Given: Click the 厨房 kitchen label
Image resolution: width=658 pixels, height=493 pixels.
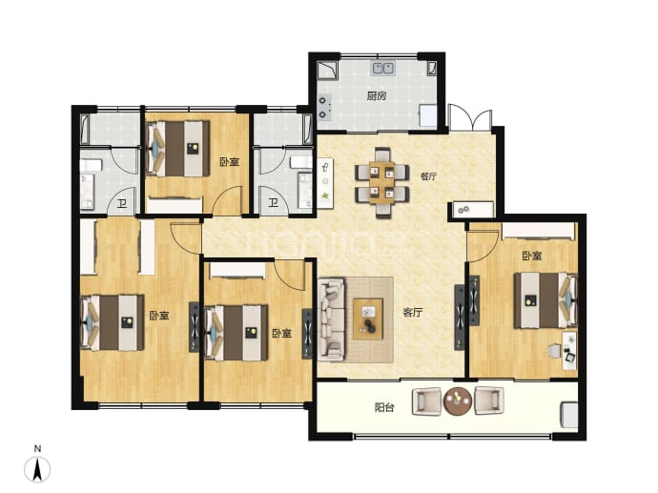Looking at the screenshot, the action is [x=377, y=96].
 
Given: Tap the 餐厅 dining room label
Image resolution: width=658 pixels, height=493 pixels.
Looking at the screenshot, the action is [x=428, y=176].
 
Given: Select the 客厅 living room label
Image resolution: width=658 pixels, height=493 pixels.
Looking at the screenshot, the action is [x=413, y=312].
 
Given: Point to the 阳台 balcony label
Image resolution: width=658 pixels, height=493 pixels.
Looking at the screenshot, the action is [x=384, y=407].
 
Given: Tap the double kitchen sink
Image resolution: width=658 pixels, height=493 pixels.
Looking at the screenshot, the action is [x=382, y=69].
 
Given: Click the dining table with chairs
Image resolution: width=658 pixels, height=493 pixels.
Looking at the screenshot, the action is [x=381, y=182].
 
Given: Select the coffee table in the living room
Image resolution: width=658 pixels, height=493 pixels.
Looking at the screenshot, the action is [x=368, y=318].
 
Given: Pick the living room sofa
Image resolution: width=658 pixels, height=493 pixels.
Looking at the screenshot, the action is [x=332, y=319].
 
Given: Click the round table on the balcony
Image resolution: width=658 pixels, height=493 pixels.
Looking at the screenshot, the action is [x=458, y=401].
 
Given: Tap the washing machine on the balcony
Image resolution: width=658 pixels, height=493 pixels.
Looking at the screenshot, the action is [x=569, y=415].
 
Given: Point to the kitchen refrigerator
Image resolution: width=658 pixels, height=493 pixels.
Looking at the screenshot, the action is [x=429, y=114].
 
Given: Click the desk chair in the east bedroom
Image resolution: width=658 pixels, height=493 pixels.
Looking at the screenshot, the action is [x=554, y=351].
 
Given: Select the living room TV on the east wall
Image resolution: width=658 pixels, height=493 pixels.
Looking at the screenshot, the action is [x=460, y=318].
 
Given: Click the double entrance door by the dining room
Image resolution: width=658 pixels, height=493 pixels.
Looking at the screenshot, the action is [x=470, y=117].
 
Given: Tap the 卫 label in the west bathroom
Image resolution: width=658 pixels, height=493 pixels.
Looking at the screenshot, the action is [x=122, y=204].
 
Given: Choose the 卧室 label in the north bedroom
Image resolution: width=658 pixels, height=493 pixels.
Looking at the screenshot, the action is [x=230, y=161].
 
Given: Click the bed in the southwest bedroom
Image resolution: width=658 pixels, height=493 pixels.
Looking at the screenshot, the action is [x=112, y=322].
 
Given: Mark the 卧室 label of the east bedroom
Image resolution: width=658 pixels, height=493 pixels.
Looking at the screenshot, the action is [x=532, y=256].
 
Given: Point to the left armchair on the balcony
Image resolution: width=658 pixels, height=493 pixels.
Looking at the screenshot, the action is [x=427, y=401].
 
